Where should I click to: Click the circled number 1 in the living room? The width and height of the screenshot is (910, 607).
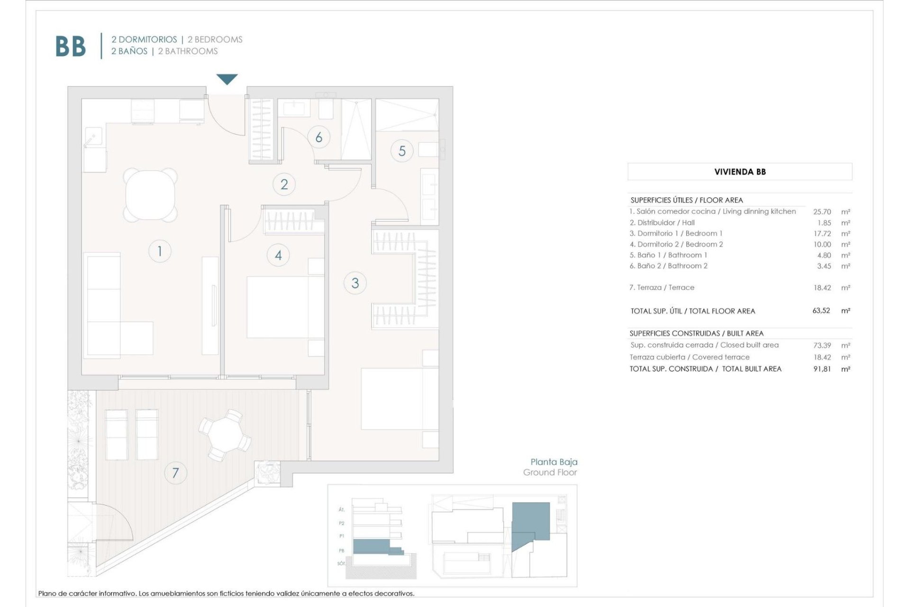tap(160, 251)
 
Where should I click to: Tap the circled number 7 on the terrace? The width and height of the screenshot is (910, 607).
tap(175, 473)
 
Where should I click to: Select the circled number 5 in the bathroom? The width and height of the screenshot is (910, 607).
tap(402, 151)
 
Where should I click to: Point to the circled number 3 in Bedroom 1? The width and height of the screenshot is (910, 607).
tap(355, 283)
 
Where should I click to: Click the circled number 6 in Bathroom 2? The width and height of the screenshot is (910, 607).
tap(318, 138)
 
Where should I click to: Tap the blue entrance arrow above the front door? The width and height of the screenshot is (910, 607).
tap(227, 79)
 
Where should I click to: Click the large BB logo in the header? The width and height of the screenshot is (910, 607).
tap(71, 46)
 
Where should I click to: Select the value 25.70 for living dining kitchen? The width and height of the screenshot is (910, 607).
tap(822, 212)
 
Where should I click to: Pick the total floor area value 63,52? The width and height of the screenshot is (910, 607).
tap(821, 311)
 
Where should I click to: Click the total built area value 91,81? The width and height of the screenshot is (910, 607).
tap(822, 369)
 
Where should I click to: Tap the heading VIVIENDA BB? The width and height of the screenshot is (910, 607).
tap(740, 172)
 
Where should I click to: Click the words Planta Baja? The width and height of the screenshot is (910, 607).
tap(554, 462)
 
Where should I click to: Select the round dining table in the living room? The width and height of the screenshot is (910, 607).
tap(150, 195)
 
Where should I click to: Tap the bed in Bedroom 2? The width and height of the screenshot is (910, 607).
tap(284, 307)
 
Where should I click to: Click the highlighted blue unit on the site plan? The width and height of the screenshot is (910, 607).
tap(531, 522)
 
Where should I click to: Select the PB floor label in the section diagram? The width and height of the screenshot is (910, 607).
tap(341, 551)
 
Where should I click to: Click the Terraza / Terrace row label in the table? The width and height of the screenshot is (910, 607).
tap(662, 287)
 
